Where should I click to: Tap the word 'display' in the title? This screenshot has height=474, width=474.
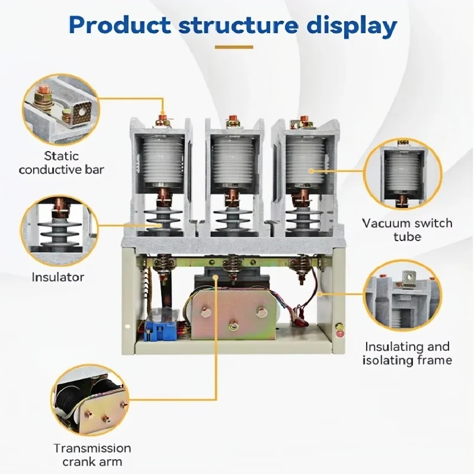tap(354, 26)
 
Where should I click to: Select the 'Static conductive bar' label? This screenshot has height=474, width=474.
tap(61, 163)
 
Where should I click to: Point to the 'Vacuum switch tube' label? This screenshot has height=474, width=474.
tap(407, 230)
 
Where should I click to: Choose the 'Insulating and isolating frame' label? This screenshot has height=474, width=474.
tap(408, 353)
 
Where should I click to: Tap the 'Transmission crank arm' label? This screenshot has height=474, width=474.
tap(92, 455)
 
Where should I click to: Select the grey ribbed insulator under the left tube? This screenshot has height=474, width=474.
tap(162, 217)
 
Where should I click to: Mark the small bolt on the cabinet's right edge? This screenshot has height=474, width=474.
tap(340, 327)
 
